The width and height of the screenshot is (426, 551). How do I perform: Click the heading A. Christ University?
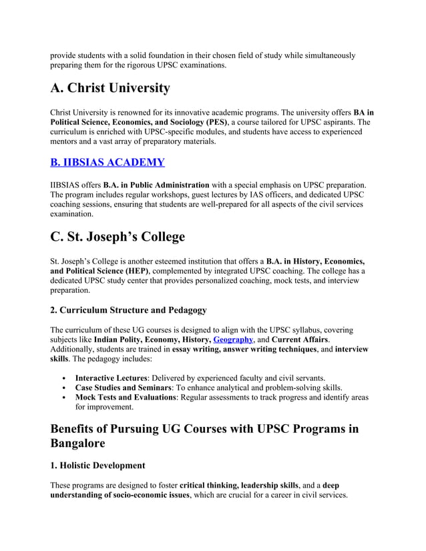(110, 88)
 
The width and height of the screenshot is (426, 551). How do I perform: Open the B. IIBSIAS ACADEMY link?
(108, 162)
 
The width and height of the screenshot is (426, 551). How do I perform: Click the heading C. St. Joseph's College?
(118, 236)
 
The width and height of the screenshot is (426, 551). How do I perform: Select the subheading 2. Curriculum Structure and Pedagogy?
(129, 310)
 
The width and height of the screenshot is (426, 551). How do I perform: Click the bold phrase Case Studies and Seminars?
(122, 388)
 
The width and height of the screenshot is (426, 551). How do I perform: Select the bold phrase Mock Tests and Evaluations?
(126, 398)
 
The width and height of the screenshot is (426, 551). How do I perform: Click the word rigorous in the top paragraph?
(148, 65)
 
